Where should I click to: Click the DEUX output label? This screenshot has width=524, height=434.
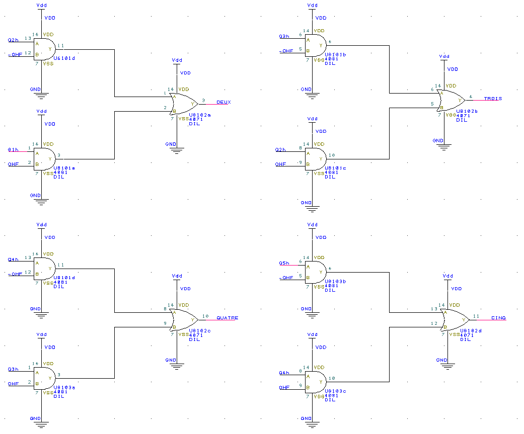223,102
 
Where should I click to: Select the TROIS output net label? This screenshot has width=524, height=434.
493,99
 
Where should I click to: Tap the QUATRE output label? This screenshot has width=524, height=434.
227,318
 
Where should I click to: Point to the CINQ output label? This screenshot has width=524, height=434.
498,318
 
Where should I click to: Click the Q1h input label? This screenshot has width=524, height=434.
13,150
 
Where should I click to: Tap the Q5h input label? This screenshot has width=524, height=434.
284,263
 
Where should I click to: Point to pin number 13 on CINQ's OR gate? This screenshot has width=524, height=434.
433,309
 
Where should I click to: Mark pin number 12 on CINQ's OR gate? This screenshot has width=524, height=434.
433,323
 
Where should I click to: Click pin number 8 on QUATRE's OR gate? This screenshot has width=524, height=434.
165,309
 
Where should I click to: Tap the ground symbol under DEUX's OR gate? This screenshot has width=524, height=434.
177,149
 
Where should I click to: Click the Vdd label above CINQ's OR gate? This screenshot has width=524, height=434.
446,276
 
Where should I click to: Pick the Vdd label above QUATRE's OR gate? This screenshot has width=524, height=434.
177,276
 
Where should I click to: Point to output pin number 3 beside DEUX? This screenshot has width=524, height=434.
203,101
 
